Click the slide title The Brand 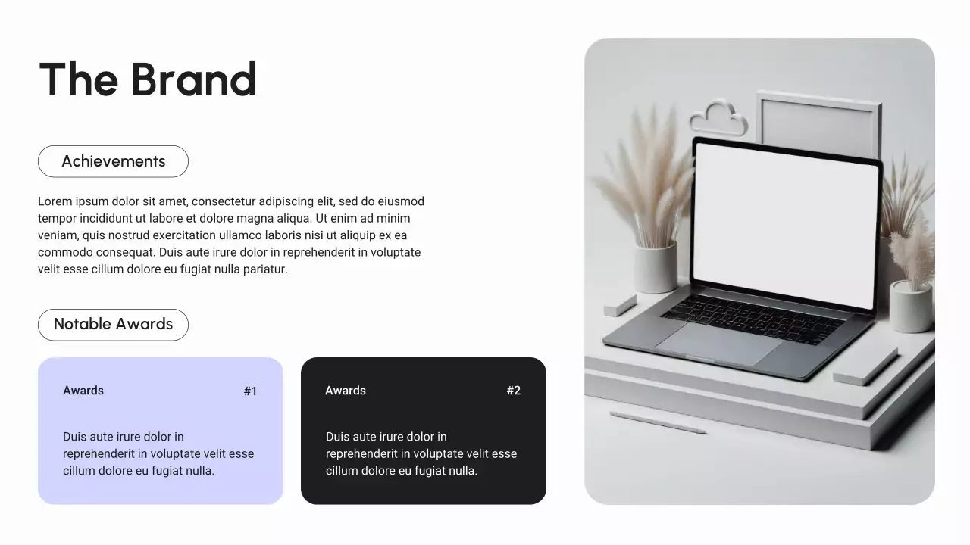click(148, 79)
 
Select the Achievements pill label click(113, 161)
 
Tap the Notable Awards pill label click(113, 324)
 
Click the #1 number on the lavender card click(250, 391)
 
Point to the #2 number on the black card click(513, 391)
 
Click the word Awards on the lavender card click(83, 391)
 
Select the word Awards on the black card click(346, 391)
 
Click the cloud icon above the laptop click(718, 119)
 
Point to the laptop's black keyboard click(752, 317)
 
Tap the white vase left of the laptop click(656, 266)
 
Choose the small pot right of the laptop click(910, 306)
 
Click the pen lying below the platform click(658, 422)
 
